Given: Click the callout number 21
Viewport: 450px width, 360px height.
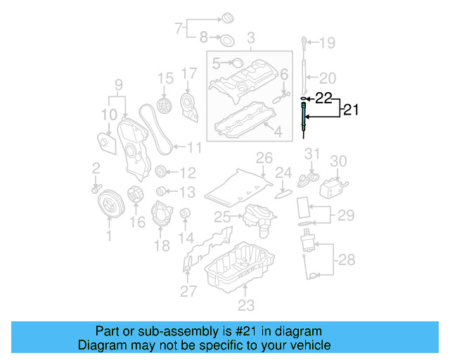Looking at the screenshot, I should [x=350, y=109].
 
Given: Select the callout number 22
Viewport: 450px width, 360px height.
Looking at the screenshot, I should [x=322, y=98].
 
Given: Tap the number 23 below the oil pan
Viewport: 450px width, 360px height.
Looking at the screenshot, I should [x=245, y=304].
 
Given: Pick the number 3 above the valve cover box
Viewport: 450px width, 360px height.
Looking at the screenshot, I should [x=250, y=36].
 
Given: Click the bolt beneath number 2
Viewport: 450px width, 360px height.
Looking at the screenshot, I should [x=96, y=188].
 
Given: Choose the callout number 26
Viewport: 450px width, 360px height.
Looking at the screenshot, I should [x=263, y=157].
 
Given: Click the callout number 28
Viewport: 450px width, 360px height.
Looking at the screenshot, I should [x=347, y=260].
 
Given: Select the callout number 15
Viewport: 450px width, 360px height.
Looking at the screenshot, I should [x=165, y=77].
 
